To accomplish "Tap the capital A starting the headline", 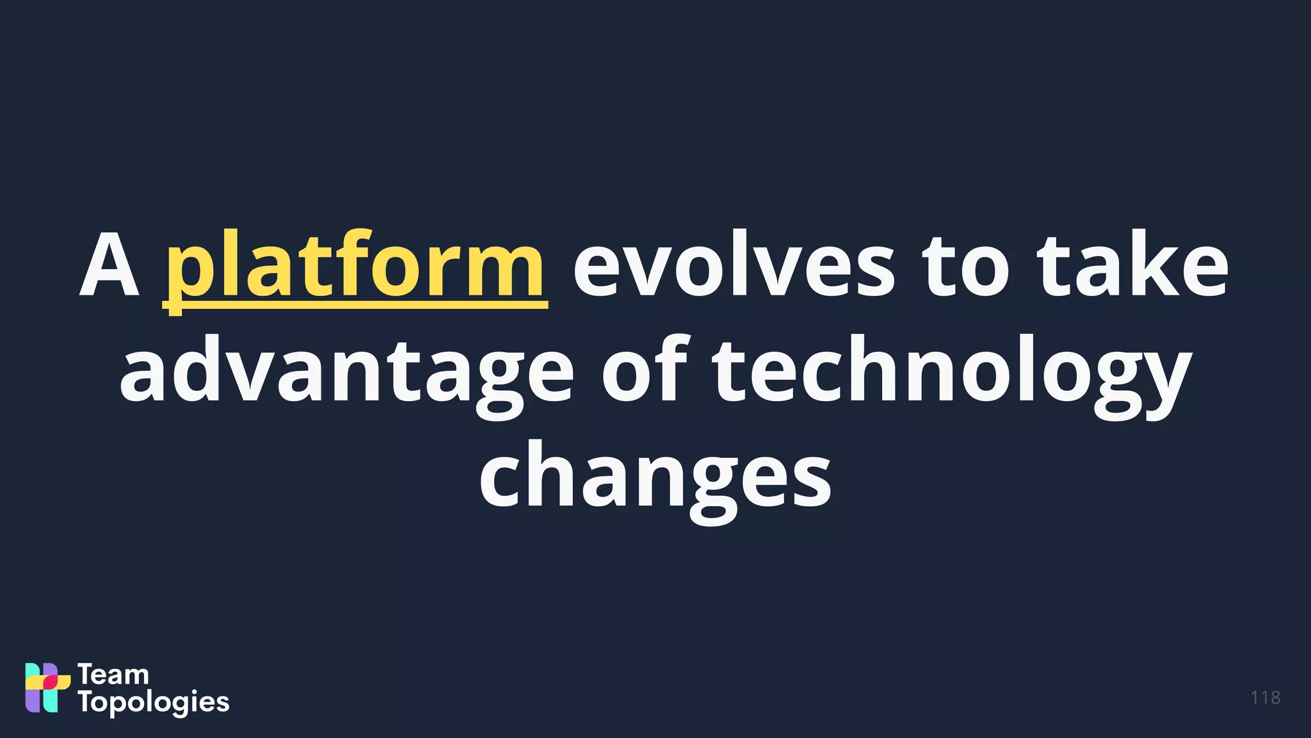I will click(109, 266).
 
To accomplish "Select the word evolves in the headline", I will click(733, 266).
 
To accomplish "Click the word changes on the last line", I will click(655, 477).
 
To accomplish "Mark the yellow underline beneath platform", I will click(355, 306).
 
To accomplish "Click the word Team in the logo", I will click(113, 675).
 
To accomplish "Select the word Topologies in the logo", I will click(154, 703).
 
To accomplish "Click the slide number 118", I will click(1265, 698).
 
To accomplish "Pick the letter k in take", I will click(1150, 264).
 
